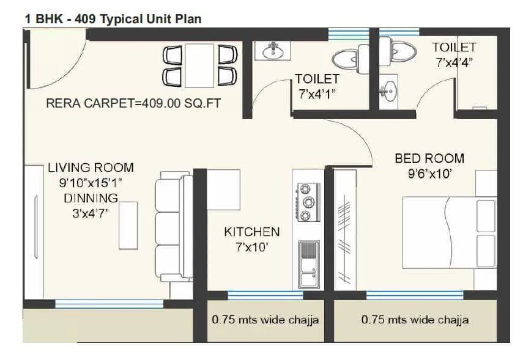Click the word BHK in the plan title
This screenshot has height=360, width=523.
47,19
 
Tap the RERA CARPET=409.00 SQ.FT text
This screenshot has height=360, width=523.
133,104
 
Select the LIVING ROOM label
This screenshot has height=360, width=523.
91,167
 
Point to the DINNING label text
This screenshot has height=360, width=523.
91,198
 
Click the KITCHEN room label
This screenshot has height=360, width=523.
251,232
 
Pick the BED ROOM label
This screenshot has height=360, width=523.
429,159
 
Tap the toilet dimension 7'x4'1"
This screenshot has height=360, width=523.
317,94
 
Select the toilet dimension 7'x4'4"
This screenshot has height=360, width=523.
454,62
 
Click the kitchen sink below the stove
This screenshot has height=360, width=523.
308,263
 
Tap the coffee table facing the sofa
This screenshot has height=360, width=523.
128,225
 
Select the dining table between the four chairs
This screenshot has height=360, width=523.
199,65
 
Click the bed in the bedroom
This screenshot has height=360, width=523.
449,232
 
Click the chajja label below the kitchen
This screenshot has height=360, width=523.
265,320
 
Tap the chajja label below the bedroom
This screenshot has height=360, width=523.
415,320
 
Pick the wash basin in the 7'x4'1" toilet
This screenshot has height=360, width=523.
272,51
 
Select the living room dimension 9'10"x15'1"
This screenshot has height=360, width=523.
91,182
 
